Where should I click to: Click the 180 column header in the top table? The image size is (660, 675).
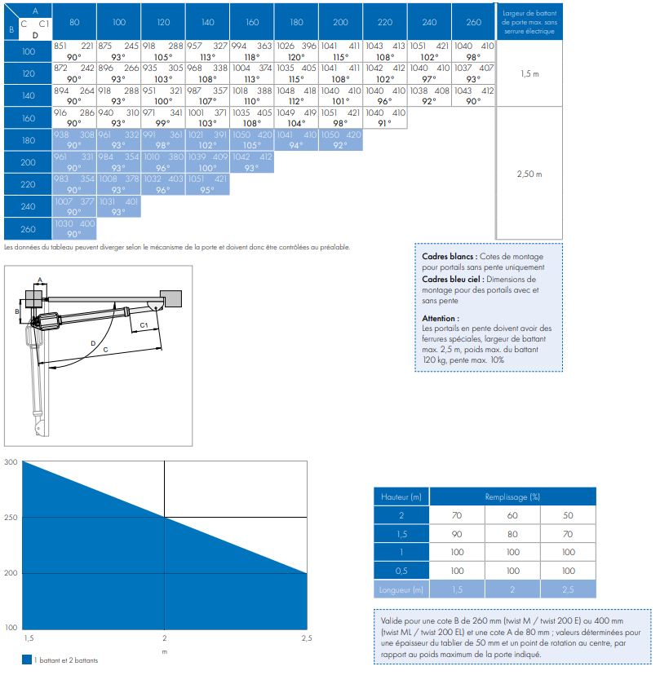pyautogui.click(x=296, y=22)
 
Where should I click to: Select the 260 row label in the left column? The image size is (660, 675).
pyautogui.click(x=28, y=229)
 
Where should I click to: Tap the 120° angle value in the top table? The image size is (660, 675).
pyautogui.click(x=296, y=57)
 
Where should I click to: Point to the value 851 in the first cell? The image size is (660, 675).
pyautogui.click(x=60, y=46)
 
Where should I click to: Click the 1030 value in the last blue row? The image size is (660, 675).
pyautogui.click(x=64, y=223)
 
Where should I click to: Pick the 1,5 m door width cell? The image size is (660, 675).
pyautogui.click(x=529, y=73)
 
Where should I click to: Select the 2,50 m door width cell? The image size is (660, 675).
pyautogui.click(x=529, y=174)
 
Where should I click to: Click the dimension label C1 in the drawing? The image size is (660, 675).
pyautogui.click(x=144, y=325)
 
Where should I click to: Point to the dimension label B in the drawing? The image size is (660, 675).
pyautogui.click(x=17, y=311)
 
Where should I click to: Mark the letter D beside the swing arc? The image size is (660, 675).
pyautogui.click(x=93, y=343)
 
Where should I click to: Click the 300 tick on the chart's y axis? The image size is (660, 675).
pyautogui.click(x=11, y=462)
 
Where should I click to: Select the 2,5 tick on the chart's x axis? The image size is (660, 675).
pyautogui.click(x=306, y=638)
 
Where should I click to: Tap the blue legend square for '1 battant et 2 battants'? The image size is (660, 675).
pyautogui.click(x=27, y=660)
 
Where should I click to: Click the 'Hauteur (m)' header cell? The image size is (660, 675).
pyautogui.click(x=401, y=496)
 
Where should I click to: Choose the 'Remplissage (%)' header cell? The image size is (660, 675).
pyautogui.click(x=512, y=496)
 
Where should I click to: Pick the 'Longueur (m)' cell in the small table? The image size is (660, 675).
pyautogui.click(x=401, y=589)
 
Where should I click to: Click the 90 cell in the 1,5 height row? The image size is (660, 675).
pyautogui.click(x=457, y=534)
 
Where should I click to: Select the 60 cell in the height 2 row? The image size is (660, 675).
pyautogui.click(x=512, y=515)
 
